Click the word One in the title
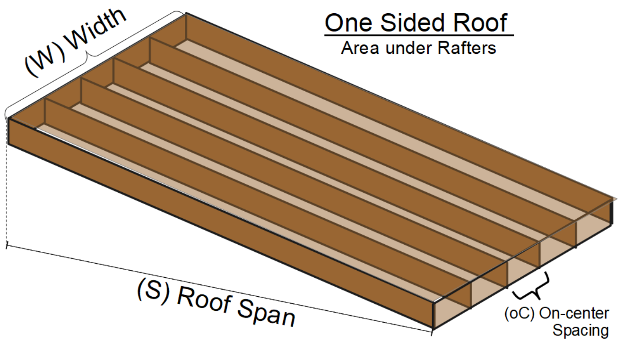pos(347,23)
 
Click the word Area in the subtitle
pos(362,48)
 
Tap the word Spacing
pos(580,330)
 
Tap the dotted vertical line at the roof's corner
pos(7,189)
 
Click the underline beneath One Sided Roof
pos(418,34)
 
